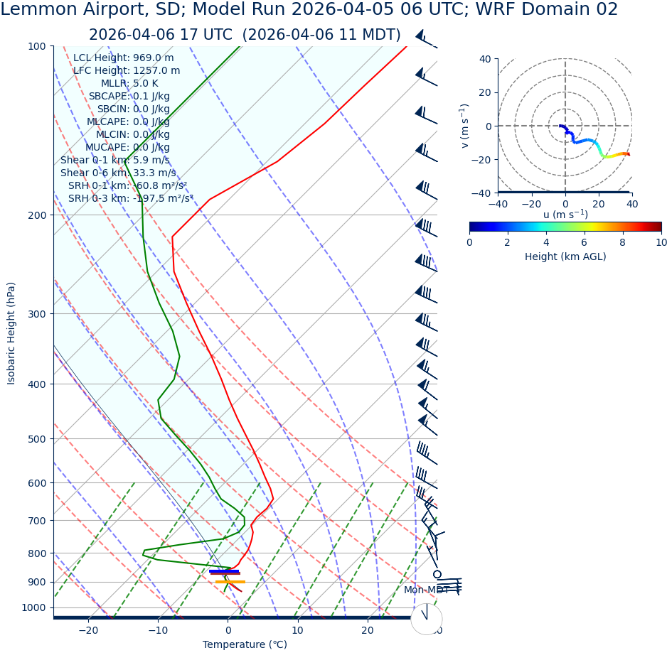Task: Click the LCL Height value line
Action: [x=123, y=58]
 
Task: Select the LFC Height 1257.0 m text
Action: [x=126, y=71]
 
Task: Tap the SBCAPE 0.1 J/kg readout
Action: [x=129, y=97]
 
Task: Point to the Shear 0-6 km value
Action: [x=118, y=173]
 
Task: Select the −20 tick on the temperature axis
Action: [x=88, y=630]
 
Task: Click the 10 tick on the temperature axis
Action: [x=297, y=630]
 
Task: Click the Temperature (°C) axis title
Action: [x=245, y=645]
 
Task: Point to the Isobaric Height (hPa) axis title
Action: [x=11, y=333]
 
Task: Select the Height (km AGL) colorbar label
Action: [x=565, y=257]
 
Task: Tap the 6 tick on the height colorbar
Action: [x=585, y=243]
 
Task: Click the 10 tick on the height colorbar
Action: [x=661, y=243]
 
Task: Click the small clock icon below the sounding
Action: [x=426, y=619]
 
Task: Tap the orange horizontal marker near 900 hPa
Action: [x=230, y=582]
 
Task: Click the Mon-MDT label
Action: [x=426, y=590]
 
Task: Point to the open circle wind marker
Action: [x=437, y=574]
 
